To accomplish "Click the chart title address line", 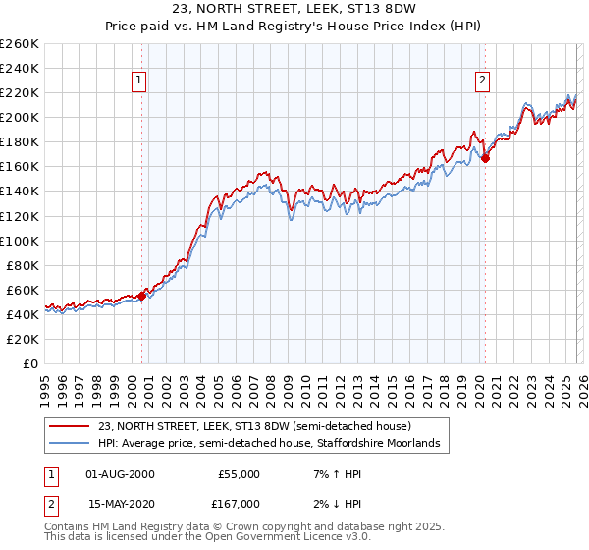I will coord(294,10).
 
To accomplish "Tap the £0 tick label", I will coord(31,363).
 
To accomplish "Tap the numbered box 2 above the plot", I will coord(483,81).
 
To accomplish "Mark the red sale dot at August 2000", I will coord(141,295).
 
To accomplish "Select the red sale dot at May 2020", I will coord(485,157).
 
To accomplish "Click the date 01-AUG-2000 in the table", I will coord(121,474).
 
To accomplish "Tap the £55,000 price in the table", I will coord(239,474).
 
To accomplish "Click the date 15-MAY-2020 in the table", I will coord(121,504).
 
